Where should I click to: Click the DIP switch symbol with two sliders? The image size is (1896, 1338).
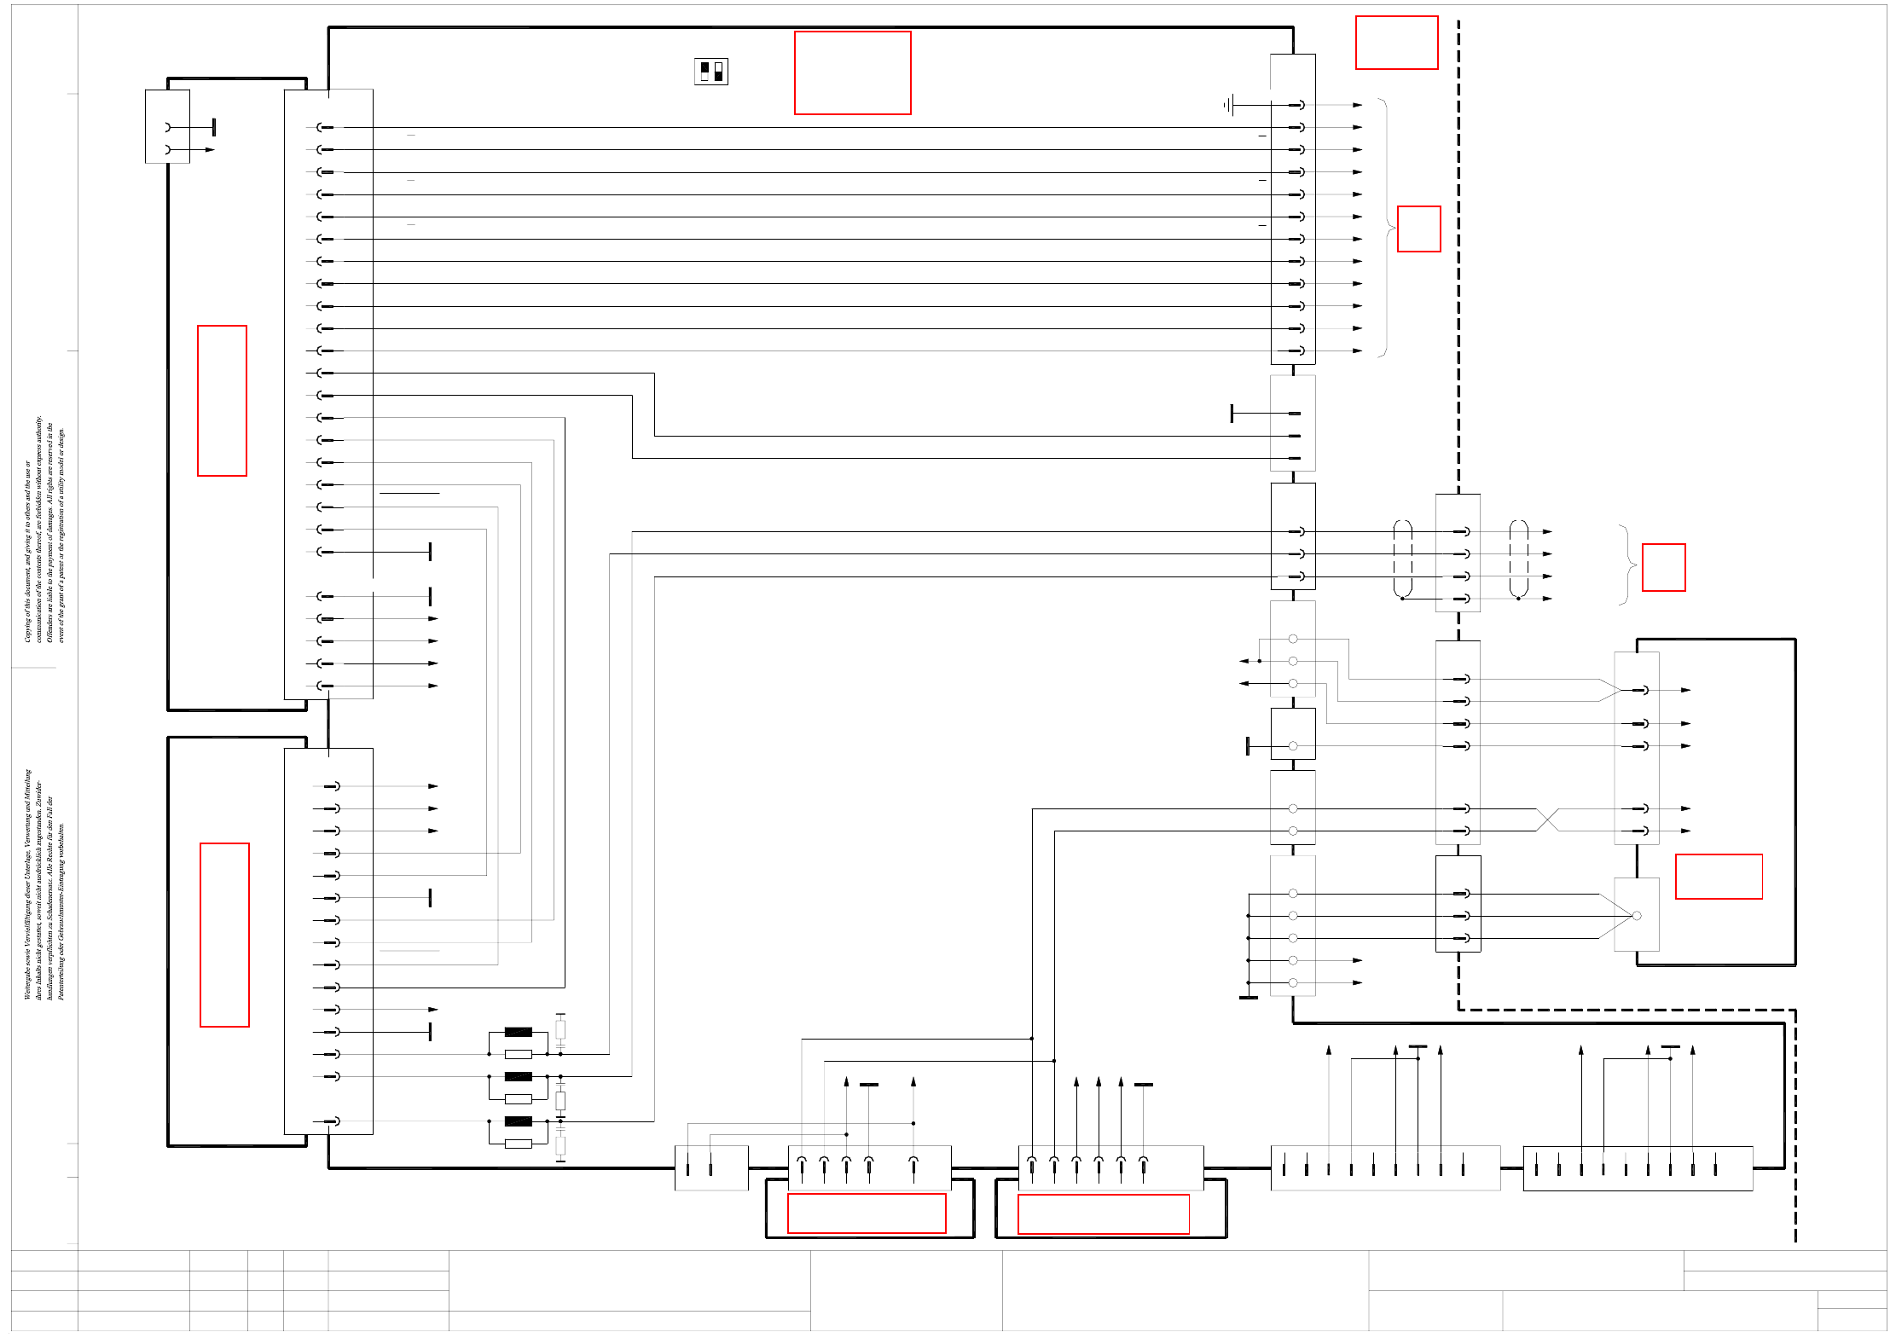[x=711, y=72]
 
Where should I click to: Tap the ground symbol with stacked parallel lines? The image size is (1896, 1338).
[x=1227, y=105]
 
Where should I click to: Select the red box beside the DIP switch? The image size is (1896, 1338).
[x=852, y=72]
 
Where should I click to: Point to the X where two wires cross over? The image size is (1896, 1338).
[x=1547, y=820]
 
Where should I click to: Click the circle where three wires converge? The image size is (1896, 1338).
[x=1636, y=916]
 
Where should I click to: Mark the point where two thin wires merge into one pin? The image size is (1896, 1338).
[x=1620, y=690]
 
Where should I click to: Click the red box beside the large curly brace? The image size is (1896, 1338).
[x=1418, y=229]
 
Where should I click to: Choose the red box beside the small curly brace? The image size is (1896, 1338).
[x=1663, y=567]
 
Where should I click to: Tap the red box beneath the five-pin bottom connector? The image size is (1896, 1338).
[x=867, y=1213]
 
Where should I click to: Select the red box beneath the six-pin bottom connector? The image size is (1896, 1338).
[x=1103, y=1213]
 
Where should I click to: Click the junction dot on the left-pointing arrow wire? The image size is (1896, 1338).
[x=1259, y=661]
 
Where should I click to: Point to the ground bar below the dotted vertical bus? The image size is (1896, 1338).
[x=1248, y=997]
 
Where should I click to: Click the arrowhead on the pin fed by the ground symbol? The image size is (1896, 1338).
[x=1357, y=105]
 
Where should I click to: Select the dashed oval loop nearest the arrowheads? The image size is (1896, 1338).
[x=1518, y=559]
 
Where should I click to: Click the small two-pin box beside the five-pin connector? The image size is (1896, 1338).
[x=711, y=1167]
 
